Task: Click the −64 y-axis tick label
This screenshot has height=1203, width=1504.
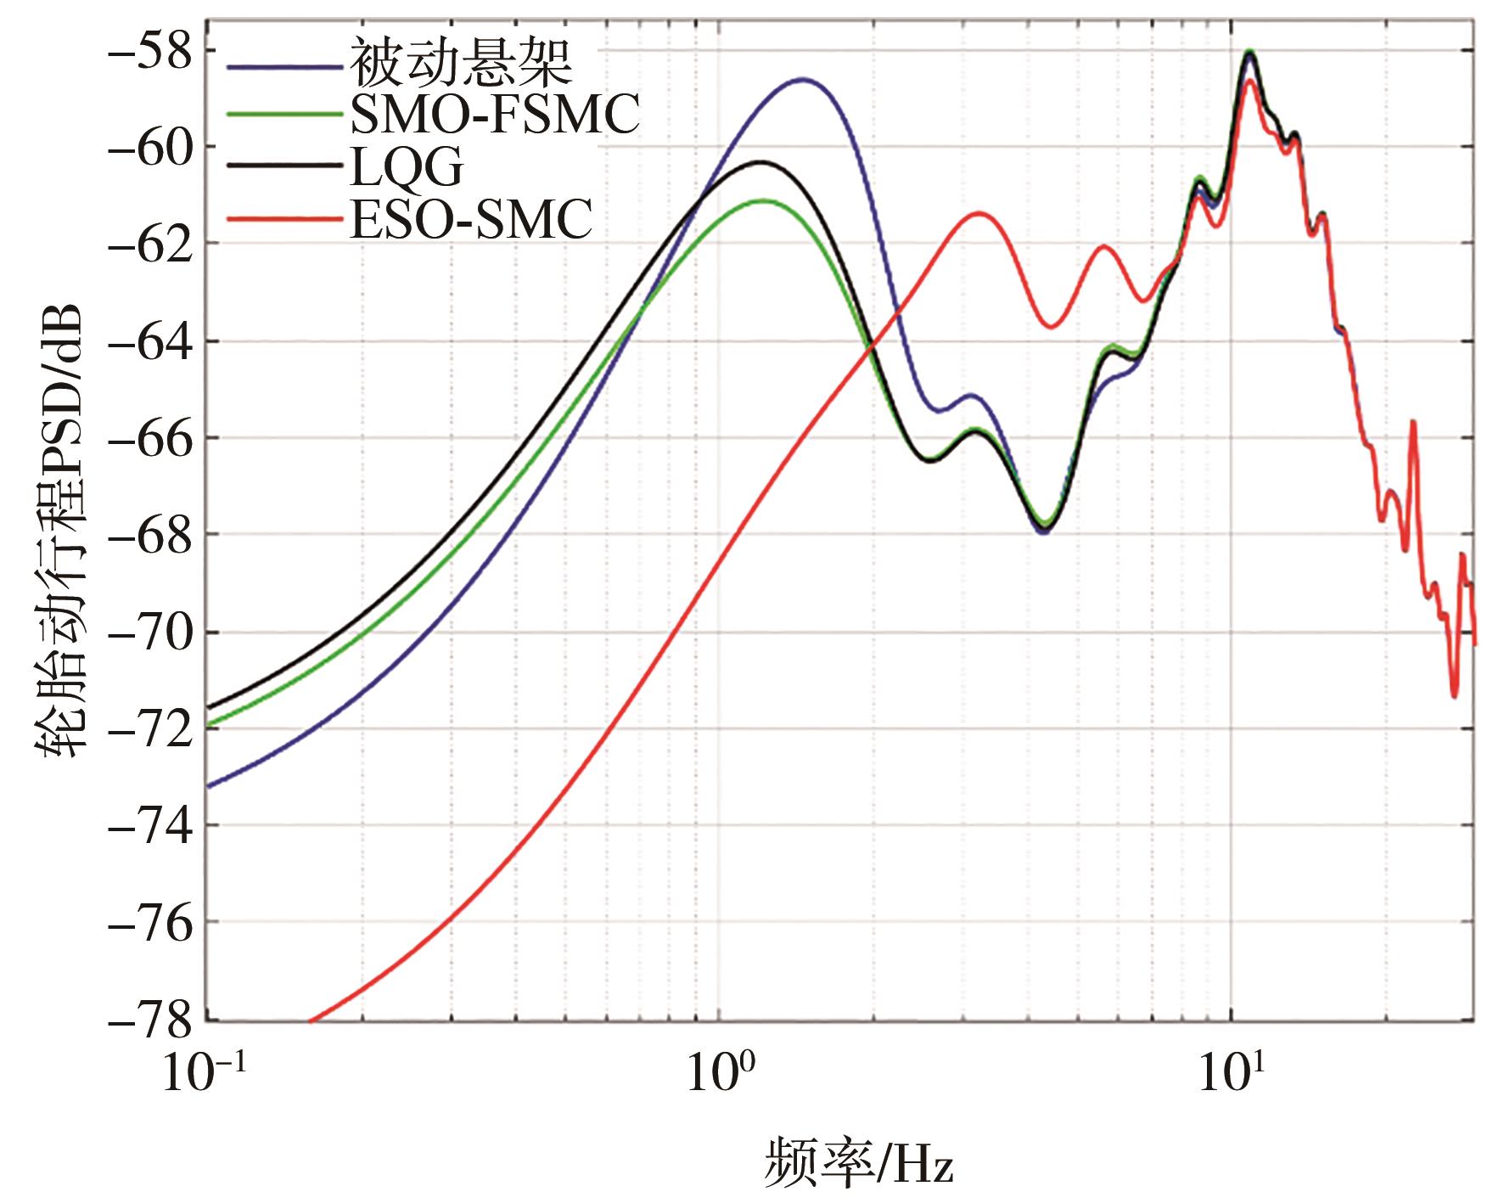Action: pos(148,341)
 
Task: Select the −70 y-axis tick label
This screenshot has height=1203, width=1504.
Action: pos(148,632)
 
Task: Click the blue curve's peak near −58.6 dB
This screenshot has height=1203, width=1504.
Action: pos(802,79)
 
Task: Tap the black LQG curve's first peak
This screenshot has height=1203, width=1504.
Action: pos(760,161)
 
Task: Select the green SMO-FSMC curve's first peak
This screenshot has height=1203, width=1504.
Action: pos(764,200)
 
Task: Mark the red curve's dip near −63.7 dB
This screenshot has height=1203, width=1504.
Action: pos(1051,327)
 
